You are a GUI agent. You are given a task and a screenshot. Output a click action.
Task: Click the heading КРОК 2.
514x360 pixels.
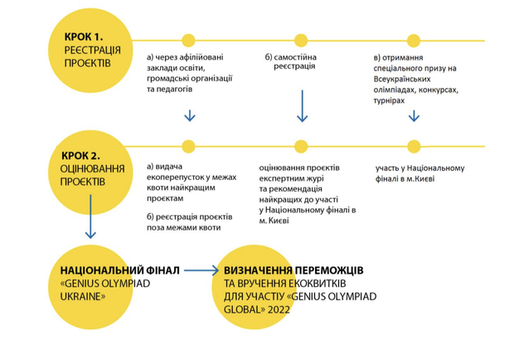coord(81,154)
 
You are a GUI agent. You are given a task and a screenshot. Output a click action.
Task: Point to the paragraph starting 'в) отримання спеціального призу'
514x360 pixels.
coord(415,77)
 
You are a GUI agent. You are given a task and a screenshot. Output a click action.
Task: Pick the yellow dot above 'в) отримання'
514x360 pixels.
coord(413,39)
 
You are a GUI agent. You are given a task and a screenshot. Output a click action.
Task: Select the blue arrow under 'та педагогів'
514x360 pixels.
coord(189,115)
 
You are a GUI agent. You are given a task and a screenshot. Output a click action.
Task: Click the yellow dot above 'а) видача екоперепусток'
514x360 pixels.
coord(188,146)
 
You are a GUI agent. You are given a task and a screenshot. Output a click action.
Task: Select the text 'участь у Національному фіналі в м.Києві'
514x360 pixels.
coord(419,173)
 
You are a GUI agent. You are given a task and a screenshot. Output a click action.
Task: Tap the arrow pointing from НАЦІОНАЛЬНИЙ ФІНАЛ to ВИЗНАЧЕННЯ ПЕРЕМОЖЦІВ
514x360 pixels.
coord(200,270)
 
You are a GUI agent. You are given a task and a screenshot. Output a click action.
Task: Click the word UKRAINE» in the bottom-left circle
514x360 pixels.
coord(82,294)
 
